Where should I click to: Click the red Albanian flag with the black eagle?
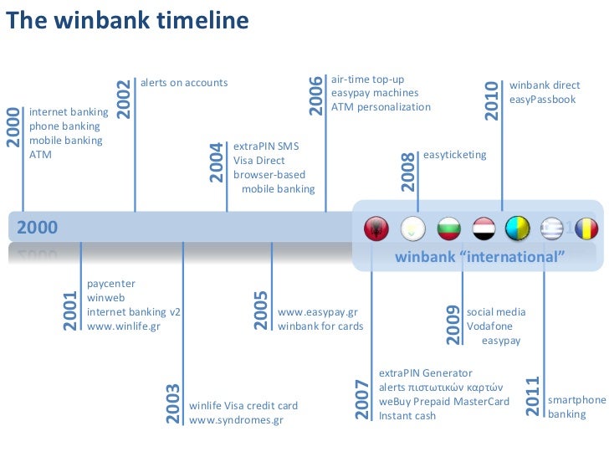pos(377,228)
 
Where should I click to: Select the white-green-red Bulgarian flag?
pos(449,228)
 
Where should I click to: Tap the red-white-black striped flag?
pos(484,228)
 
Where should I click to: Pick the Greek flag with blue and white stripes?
pos(552,228)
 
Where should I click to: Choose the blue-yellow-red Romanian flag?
pos(586,228)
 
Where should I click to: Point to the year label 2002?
pos(124,99)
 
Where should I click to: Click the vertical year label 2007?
pos(362,398)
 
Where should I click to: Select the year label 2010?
pos(493,100)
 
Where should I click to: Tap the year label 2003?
pos(173,403)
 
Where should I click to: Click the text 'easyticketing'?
pos(455,155)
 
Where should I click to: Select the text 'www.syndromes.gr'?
pos(237,420)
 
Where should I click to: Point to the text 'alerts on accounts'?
pos(184,83)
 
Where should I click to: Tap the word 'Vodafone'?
pos(490,326)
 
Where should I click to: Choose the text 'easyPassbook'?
pos(543,100)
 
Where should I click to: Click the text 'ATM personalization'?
pos(381,107)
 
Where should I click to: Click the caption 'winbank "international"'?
pos(480,256)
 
